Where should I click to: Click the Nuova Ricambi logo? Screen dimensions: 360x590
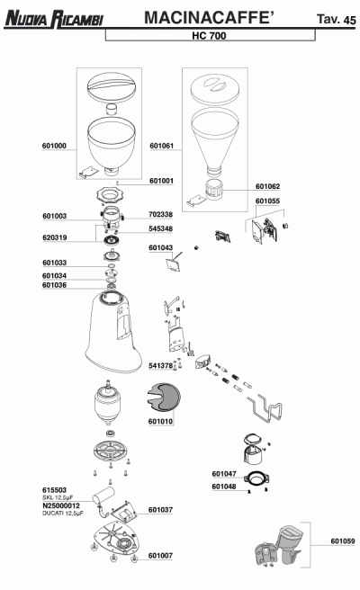[x=54, y=19]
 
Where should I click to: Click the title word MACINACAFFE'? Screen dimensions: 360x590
[x=209, y=18]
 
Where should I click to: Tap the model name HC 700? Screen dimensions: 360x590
[x=209, y=36]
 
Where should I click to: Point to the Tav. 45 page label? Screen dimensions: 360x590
[x=336, y=19]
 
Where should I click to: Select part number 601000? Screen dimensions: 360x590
[x=54, y=146]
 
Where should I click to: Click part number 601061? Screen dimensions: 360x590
[x=162, y=146]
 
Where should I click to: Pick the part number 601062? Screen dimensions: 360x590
[x=267, y=187]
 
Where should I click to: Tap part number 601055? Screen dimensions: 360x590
[x=267, y=201]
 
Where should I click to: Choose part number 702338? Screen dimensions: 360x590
[x=161, y=214]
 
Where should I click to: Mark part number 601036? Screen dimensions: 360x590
[x=54, y=285]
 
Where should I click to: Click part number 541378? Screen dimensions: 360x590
[x=161, y=366]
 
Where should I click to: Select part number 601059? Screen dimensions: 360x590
[x=343, y=541]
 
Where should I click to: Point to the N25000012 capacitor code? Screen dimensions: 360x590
[x=61, y=506]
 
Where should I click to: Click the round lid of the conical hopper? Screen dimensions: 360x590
[x=214, y=89]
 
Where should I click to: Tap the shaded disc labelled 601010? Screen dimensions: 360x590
[x=164, y=398]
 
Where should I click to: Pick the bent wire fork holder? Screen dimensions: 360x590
[x=265, y=409]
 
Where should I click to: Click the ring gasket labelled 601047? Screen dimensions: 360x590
[x=257, y=479]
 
